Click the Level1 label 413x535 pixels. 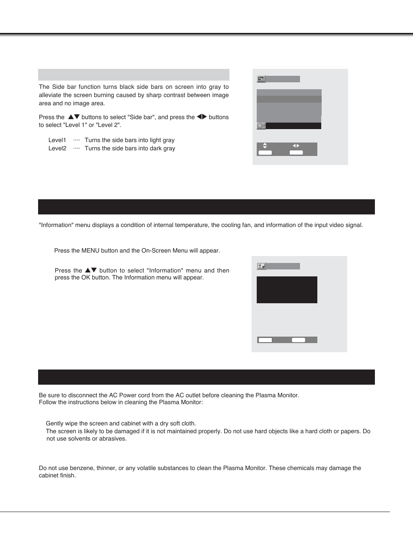pos(57,140)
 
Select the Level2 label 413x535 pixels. pos(57,149)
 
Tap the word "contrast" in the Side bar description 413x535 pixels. pos(174,95)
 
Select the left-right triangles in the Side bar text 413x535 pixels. pos(202,117)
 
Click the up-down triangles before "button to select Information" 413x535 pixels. pos(91,270)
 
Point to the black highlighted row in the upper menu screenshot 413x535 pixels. pos(294,126)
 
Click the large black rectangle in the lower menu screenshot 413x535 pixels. pos(287,290)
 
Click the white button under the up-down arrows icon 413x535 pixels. pos(265,152)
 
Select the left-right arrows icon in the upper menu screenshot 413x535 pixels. pos(296,146)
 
